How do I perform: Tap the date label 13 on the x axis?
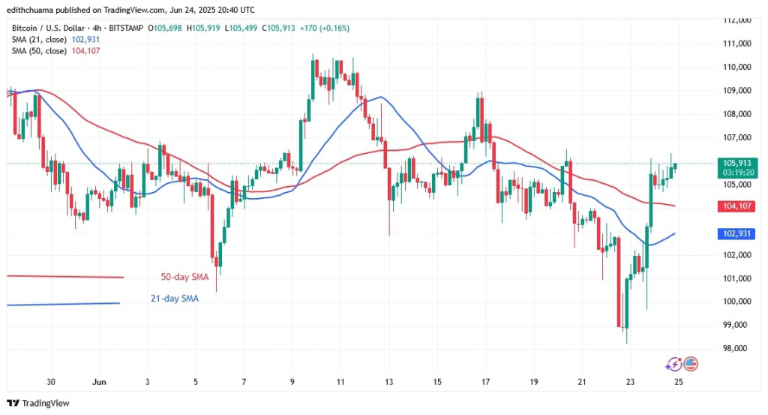click(x=388, y=381)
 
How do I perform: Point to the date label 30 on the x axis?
click(x=51, y=381)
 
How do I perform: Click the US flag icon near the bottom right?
click(x=691, y=364)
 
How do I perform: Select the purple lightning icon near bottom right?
click(x=674, y=364)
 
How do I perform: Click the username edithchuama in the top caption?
click(x=35, y=9)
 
